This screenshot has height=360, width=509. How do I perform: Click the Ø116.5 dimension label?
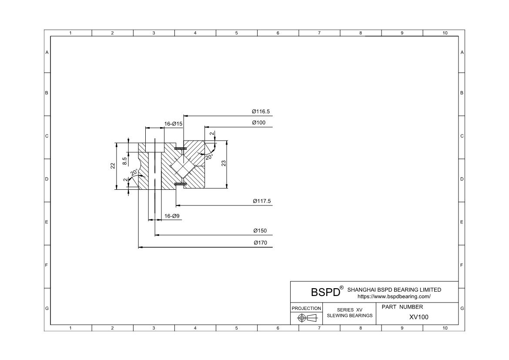click(x=261, y=112)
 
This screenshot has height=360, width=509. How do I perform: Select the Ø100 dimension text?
click(x=258, y=123)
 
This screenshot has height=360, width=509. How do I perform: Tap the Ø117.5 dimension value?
click(x=262, y=201)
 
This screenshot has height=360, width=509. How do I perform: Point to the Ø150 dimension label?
click(x=260, y=231)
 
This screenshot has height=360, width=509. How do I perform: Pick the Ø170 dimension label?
click(x=260, y=243)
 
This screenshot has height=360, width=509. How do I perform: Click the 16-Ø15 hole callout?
click(x=173, y=124)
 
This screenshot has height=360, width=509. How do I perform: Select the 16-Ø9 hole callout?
click(x=172, y=216)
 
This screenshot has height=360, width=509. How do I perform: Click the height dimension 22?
click(x=113, y=165)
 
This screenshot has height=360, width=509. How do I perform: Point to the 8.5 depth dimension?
click(x=125, y=161)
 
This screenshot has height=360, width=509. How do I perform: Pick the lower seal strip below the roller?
click(x=180, y=184)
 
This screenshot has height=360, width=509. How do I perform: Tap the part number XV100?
click(x=419, y=317)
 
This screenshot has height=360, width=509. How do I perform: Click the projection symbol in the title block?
click(x=306, y=318)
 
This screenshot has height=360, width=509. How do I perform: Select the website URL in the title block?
click(x=394, y=296)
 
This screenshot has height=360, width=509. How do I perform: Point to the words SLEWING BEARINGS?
click(x=350, y=315)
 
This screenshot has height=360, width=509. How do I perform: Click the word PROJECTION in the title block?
click(x=306, y=308)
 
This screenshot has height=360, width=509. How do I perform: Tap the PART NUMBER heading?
click(x=402, y=307)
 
